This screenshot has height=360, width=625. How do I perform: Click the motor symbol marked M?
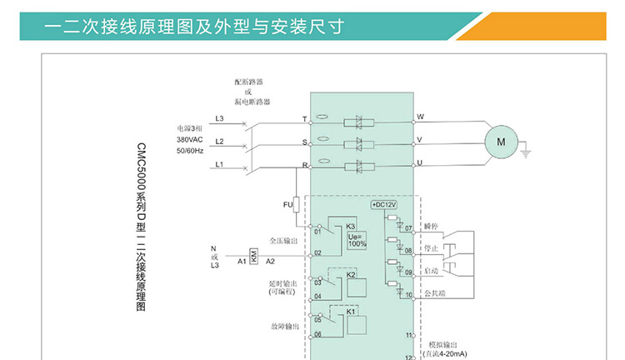coord(501,142)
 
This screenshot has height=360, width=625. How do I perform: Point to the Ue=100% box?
coord(357,239)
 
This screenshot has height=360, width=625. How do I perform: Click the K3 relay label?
coord(351,227)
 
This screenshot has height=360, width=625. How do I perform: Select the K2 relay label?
coord(351,275)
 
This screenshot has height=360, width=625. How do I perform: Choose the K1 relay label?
coord(351,312)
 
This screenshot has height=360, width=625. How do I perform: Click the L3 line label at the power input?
coord(219,118)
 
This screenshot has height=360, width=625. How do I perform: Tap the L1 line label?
coord(219,164)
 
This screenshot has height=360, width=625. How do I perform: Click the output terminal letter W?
coord(420,117)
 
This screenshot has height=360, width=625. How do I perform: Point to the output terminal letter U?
coord(420,162)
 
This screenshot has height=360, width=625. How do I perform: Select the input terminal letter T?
coord(304,119)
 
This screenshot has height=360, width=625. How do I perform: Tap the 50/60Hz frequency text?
coord(189,151)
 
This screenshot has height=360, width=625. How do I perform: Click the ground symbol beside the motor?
coord(526,152)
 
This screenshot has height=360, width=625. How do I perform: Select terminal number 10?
coord(408,294)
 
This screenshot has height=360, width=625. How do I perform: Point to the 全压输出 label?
coord(282,241)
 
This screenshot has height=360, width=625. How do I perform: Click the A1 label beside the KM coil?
coord(241,262)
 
